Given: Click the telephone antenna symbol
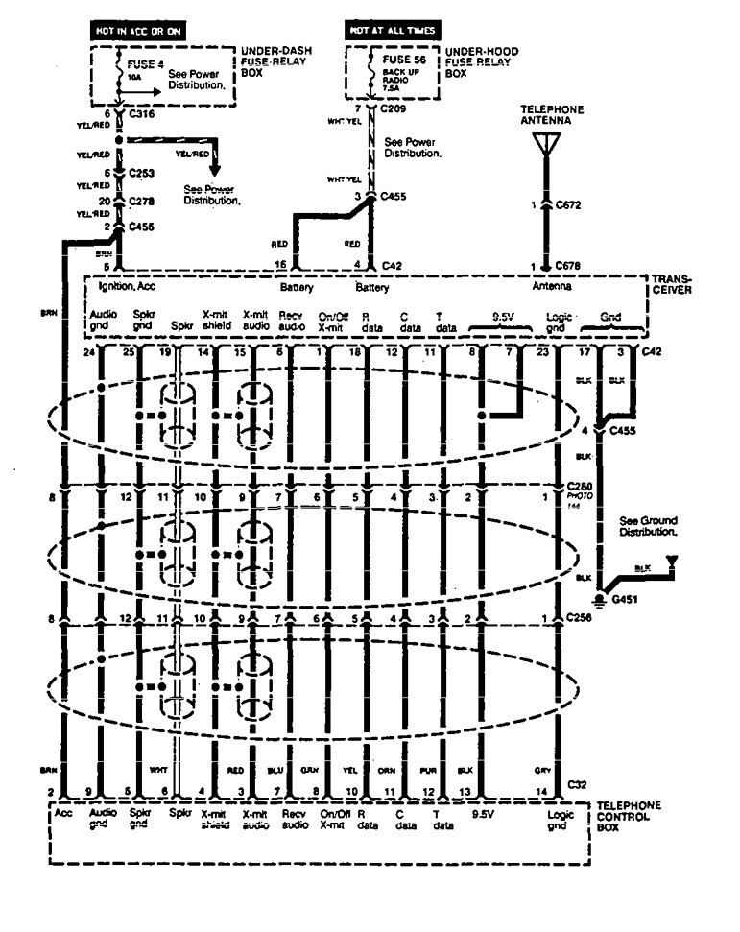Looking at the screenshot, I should (544, 145).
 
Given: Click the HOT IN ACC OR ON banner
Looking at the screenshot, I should (135, 30).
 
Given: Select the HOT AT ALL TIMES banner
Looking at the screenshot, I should (392, 30).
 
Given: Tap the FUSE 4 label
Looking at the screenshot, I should (138, 63).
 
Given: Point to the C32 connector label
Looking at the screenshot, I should (577, 785).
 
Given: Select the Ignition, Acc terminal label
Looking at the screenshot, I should (127, 287).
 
